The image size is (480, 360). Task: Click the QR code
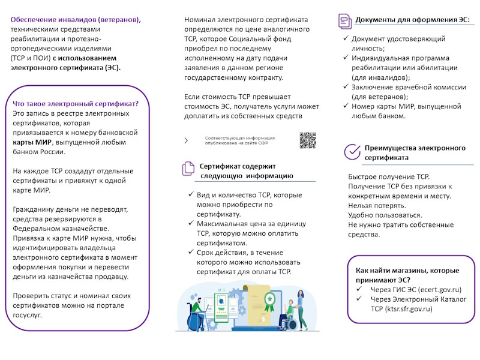click(307, 140)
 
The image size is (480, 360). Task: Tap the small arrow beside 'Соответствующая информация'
click(186, 140)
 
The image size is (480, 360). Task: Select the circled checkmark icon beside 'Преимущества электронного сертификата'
click(352, 152)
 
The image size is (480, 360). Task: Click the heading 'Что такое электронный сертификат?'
click(76, 104)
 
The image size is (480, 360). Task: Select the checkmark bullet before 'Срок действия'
click(190, 253)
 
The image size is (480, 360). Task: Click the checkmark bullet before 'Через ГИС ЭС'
click(358, 289)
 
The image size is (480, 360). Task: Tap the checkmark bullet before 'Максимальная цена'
click(190, 224)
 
